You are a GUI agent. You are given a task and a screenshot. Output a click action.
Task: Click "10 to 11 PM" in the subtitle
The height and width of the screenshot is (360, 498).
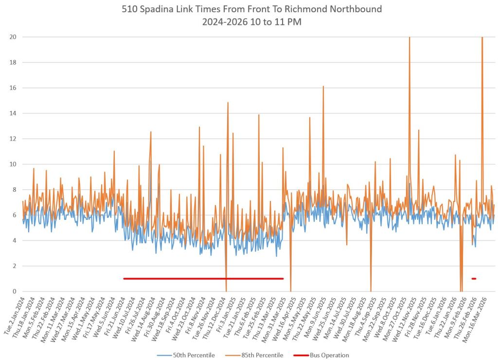tap(271, 22)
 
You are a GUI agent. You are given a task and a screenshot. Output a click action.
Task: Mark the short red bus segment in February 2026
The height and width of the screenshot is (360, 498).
tap(474, 279)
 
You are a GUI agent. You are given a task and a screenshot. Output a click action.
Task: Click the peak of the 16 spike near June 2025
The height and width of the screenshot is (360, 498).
tap(323, 86)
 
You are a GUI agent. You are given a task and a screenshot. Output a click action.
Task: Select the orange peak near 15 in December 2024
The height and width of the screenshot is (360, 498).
tap(228, 103)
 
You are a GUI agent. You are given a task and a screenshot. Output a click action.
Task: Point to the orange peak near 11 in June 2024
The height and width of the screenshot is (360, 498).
tap(114, 151)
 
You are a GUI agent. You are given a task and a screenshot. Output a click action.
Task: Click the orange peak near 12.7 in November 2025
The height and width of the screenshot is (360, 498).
tap(418, 130)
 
